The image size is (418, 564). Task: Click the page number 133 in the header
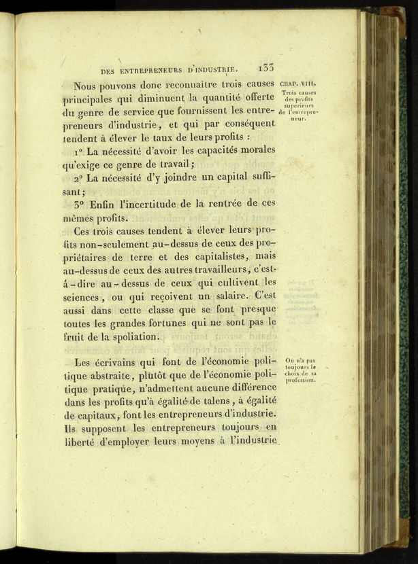tap(266, 67)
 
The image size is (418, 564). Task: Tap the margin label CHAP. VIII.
tap(295, 84)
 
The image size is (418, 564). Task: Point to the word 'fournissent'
tap(202, 111)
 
